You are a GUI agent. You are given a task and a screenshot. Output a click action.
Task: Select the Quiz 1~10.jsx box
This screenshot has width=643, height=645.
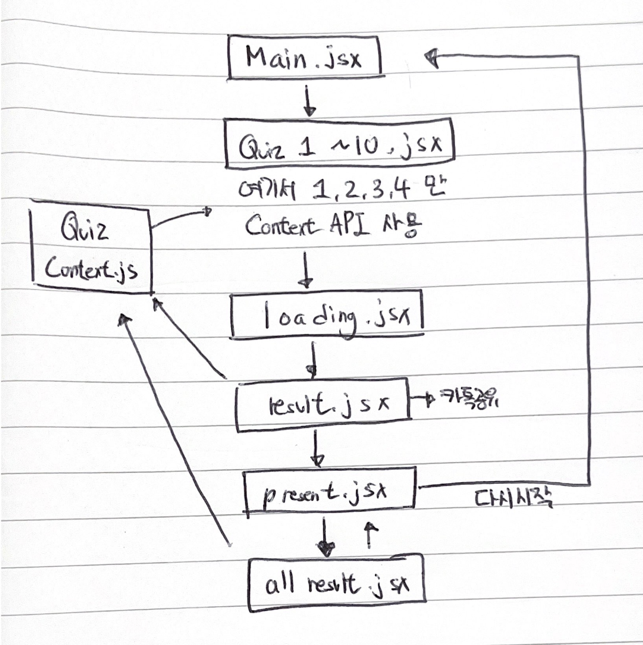(x=340, y=144)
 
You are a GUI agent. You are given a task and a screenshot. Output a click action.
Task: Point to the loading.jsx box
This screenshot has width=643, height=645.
(x=327, y=317)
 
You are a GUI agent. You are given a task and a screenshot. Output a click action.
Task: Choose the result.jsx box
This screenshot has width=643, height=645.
(x=323, y=404)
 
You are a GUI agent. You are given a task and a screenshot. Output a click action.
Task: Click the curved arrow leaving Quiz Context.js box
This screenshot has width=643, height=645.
(x=180, y=218)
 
